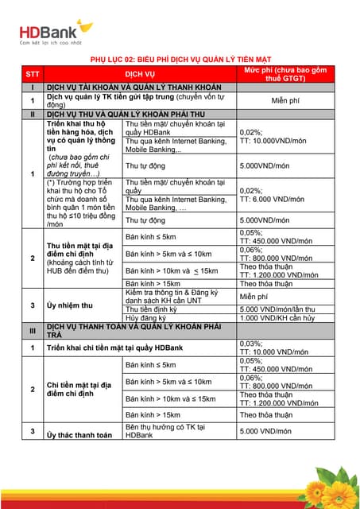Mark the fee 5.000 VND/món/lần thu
tap(282, 309)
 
